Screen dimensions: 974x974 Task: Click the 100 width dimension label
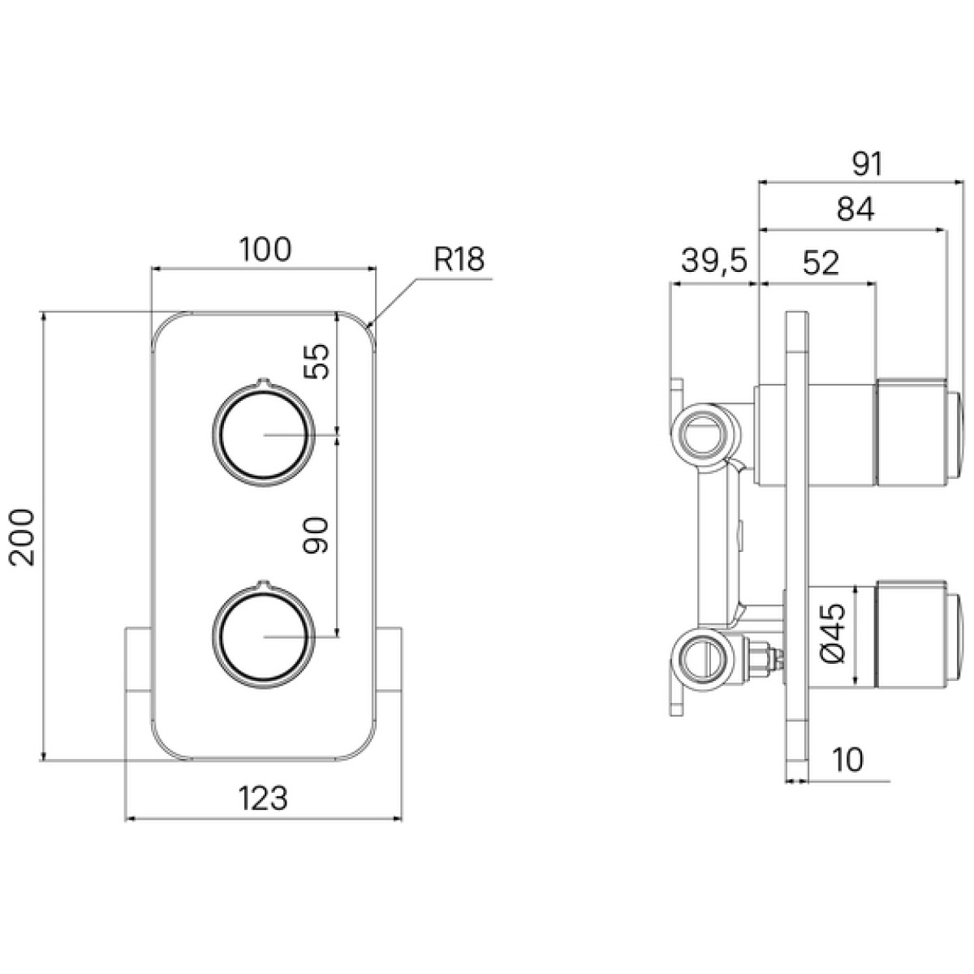click(x=265, y=249)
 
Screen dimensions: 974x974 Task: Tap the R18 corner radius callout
click(x=459, y=260)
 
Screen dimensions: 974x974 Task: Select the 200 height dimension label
click(x=22, y=537)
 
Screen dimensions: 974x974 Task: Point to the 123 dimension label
click(x=263, y=799)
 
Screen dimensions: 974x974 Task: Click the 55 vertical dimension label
click(x=317, y=361)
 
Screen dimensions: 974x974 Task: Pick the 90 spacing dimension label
click(x=317, y=535)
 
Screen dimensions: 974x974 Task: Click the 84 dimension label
click(x=855, y=209)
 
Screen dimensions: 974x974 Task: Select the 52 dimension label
click(x=821, y=263)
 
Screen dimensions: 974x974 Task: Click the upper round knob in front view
click(x=263, y=433)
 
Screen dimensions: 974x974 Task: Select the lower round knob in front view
click(x=263, y=636)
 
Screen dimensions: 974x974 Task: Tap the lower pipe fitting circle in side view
click(x=705, y=662)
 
